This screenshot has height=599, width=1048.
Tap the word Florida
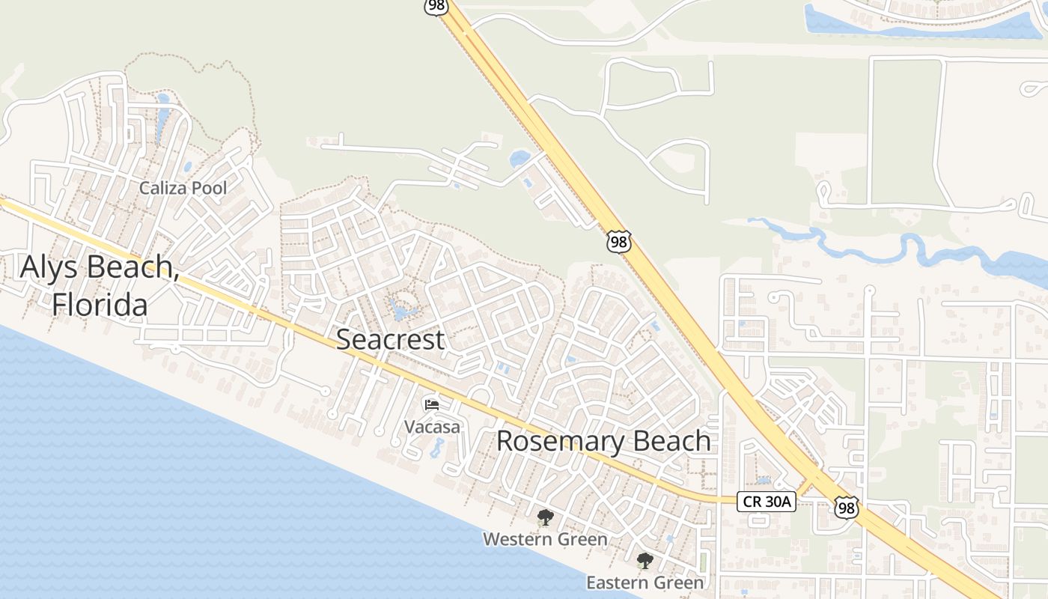(x=99, y=305)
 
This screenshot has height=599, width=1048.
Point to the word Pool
(x=208, y=188)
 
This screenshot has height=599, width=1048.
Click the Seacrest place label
(x=390, y=339)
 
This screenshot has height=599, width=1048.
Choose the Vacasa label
(x=432, y=427)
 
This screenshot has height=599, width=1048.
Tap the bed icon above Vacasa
(x=432, y=405)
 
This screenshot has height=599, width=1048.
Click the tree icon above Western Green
(x=545, y=517)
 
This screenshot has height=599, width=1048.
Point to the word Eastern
(x=618, y=583)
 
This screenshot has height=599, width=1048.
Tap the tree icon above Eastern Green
(x=645, y=561)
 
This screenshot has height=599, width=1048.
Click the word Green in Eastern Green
(x=680, y=583)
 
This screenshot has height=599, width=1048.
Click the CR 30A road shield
(x=766, y=502)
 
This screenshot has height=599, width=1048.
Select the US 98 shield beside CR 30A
(x=846, y=508)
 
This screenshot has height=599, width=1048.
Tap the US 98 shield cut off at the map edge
(x=436, y=6)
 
